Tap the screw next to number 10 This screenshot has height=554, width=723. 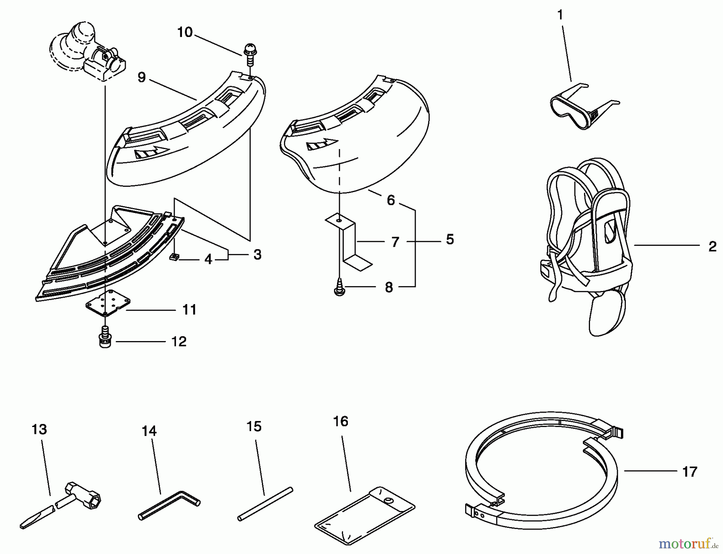249,55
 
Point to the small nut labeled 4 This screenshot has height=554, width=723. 174,257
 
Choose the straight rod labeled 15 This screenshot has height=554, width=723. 265,504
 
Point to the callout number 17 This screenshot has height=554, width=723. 689,472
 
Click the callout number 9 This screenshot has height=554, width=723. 141,77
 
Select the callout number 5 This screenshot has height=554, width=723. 450,239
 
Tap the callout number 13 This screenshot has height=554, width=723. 39,429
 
